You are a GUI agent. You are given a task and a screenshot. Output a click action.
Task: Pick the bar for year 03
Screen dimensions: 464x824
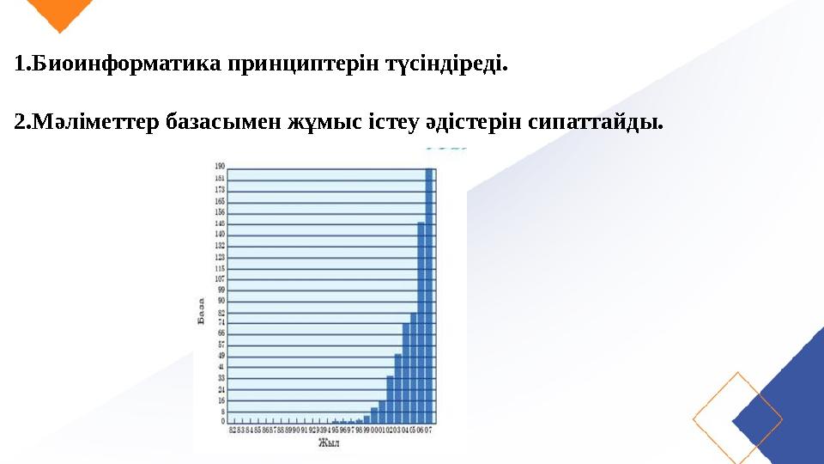pyautogui.click(x=398, y=387)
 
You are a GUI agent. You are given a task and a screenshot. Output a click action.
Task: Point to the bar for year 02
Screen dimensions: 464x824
pyautogui.click(x=391, y=399)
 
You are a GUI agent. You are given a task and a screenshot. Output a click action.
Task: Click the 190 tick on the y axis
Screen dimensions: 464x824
pyautogui.click(x=220, y=166)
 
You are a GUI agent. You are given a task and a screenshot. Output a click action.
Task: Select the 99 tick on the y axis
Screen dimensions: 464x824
pyautogui.click(x=221, y=290)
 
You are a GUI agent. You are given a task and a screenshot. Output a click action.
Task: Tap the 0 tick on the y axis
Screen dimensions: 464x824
pyautogui.click(x=222, y=421)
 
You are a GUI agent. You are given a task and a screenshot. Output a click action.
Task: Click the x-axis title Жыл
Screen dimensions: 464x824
pyautogui.click(x=329, y=443)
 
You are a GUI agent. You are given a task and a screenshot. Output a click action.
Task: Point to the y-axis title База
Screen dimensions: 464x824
pyautogui.click(x=202, y=312)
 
